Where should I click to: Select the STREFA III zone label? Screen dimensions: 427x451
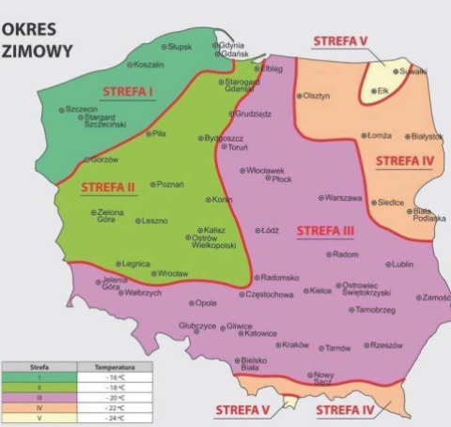[x=324, y=230]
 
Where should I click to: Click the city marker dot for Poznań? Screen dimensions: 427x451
[x=154, y=184]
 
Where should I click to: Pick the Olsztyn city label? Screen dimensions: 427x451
[x=317, y=96]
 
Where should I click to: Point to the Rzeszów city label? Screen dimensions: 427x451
[x=386, y=344]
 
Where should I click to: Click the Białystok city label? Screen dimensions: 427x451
[x=425, y=136]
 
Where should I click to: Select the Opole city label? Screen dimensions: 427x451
[x=206, y=303]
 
